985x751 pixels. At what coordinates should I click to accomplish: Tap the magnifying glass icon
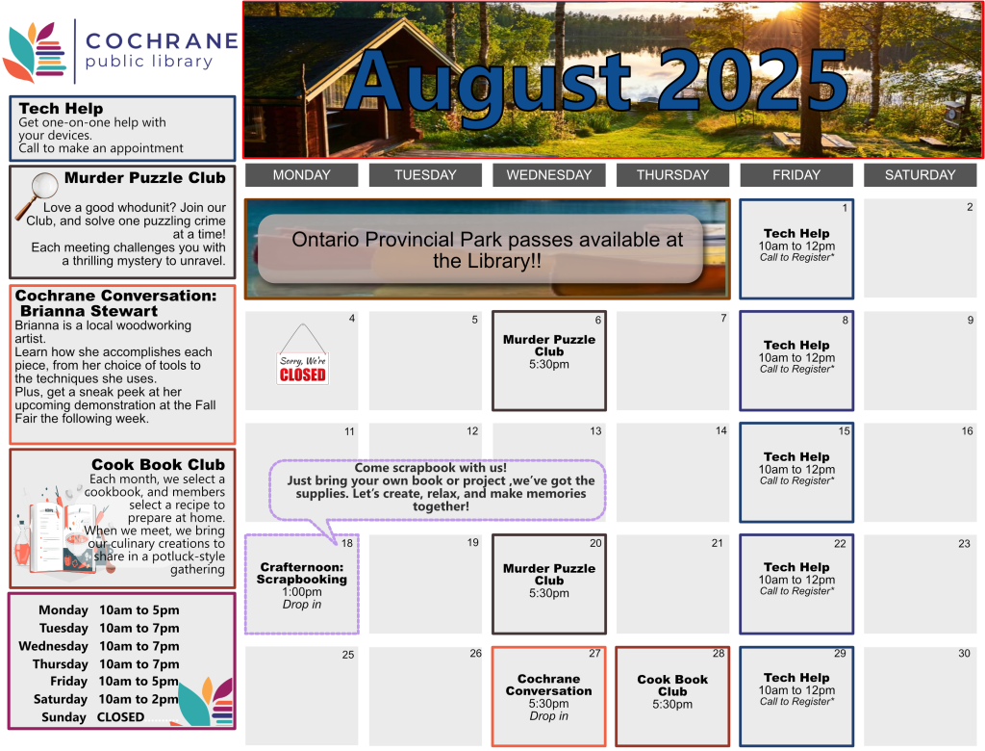click(38, 194)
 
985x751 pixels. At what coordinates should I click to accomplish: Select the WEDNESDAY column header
click(548, 175)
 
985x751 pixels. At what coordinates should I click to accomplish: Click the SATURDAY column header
click(920, 175)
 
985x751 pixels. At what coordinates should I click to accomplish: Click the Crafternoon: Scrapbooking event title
click(302, 574)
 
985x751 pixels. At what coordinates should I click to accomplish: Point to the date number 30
click(964, 654)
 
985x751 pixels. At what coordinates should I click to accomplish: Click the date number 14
click(720, 430)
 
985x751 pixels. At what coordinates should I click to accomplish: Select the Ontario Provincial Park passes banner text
click(487, 249)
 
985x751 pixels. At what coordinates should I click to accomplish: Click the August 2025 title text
click(596, 82)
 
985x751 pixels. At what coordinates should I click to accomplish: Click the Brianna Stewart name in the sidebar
click(89, 311)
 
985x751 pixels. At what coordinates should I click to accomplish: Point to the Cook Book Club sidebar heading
click(158, 464)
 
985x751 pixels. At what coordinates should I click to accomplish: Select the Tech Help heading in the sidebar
click(61, 109)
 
